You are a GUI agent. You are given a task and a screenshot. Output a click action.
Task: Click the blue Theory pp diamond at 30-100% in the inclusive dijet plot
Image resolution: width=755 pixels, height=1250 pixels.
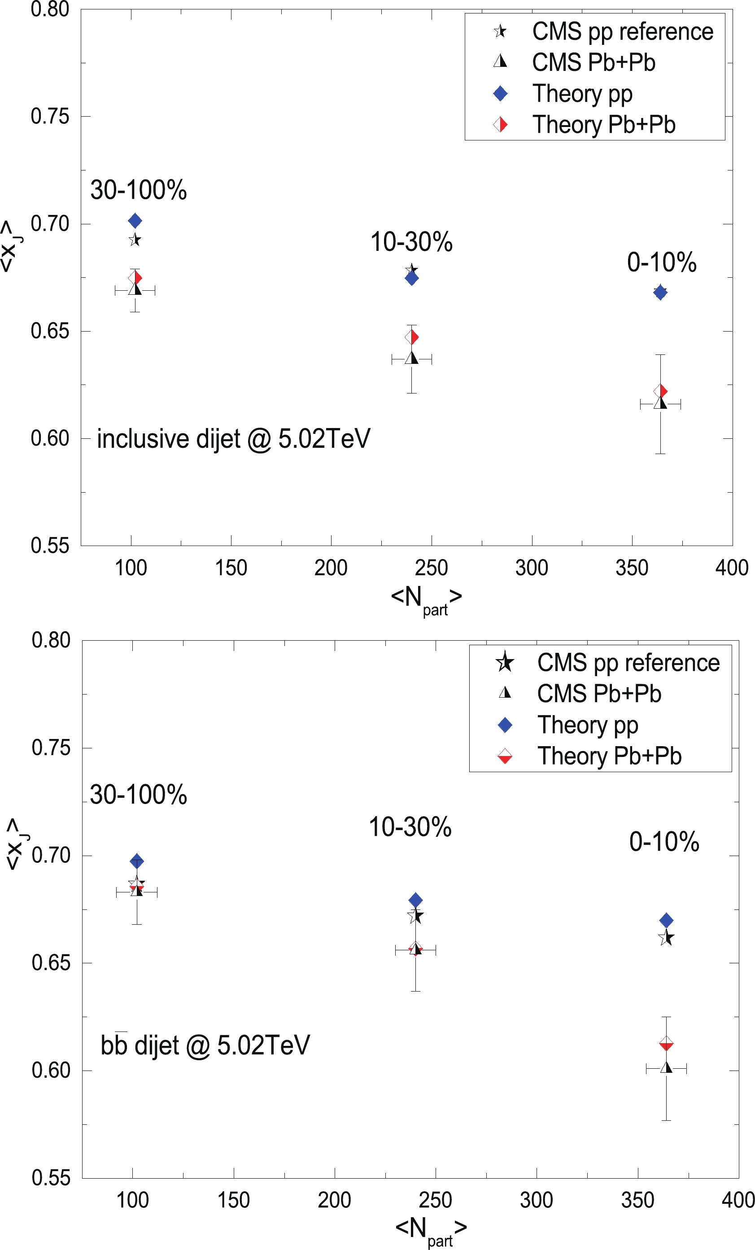click(x=135, y=221)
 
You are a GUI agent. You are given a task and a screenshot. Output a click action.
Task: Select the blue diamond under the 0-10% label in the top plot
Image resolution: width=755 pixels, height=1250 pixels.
click(x=660, y=292)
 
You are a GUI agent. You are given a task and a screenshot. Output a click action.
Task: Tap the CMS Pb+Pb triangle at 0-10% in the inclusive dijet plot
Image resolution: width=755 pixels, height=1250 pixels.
click(x=660, y=403)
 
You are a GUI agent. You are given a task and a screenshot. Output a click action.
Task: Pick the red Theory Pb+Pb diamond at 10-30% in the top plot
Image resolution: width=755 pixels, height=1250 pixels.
click(x=412, y=337)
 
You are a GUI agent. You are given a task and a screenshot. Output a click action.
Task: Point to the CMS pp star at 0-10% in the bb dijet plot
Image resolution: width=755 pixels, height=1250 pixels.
click(x=666, y=938)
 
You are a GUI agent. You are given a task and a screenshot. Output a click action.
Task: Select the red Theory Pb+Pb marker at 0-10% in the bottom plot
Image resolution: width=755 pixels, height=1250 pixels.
click(x=666, y=1044)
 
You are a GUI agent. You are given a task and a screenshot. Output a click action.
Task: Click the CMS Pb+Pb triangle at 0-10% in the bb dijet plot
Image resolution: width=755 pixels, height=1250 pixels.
click(x=666, y=1067)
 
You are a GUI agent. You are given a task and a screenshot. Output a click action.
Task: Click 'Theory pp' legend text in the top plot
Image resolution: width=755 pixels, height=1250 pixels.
click(x=582, y=94)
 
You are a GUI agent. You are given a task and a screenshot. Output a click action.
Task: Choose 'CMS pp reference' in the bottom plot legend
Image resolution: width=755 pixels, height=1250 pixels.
click(x=628, y=663)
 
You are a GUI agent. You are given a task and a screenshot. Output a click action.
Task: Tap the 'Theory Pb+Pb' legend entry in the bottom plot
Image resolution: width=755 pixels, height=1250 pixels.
click(x=609, y=756)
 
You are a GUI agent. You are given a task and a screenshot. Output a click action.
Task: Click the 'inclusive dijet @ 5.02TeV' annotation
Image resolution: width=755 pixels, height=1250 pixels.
click(x=233, y=439)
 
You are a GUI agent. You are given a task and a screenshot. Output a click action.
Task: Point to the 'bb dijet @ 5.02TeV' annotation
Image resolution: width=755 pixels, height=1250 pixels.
click(x=205, y=1045)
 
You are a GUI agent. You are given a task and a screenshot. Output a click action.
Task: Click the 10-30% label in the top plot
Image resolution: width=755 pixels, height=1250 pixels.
click(x=411, y=242)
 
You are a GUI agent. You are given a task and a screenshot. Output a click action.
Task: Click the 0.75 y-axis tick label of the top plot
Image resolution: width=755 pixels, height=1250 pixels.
click(x=50, y=116)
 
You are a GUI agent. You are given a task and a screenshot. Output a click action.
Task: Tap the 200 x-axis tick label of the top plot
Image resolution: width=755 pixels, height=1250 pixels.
click(x=331, y=568)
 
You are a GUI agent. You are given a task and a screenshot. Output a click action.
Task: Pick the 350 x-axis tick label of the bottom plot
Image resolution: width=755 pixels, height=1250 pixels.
click(x=637, y=1200)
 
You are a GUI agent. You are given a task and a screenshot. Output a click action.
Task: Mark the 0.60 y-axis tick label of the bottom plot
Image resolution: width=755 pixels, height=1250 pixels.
click(x=51, y=1071)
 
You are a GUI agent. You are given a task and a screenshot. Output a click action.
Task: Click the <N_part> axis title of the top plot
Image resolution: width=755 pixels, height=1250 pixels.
click(x=426, y=599)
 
